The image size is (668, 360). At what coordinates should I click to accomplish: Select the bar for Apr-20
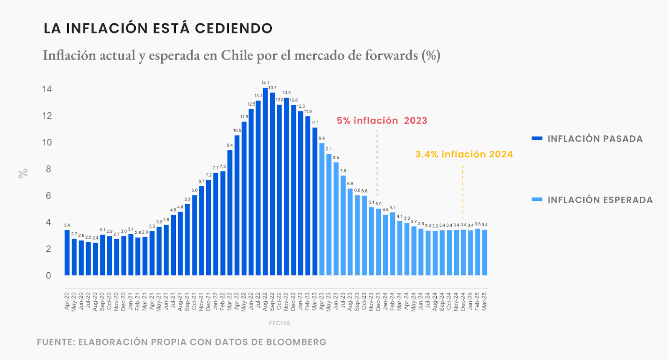click(67, 252)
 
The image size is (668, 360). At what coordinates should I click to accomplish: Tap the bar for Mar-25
click(485, 252)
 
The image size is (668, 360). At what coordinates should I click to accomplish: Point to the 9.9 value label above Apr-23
click(322, 138)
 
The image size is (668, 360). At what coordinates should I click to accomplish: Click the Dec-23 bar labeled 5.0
click(378, 242)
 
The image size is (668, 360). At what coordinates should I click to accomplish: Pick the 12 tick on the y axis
click(47, 116)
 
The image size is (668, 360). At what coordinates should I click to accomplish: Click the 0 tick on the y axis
click(48, 276)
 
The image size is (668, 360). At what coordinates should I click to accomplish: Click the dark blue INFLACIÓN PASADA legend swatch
click(537, 138)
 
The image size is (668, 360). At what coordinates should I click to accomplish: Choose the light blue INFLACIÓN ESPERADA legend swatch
click(537, 200)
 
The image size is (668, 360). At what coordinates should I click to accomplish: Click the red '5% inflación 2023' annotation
click(382, 121)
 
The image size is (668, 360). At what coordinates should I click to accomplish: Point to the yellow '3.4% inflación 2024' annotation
click(464, 155)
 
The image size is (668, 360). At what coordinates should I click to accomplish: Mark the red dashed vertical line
click(377, 163)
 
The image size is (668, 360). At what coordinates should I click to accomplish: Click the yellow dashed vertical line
click(463, 192)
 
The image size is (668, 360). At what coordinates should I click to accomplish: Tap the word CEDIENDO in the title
click(233, 28)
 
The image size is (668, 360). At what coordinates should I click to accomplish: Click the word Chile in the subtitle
click(237, 55)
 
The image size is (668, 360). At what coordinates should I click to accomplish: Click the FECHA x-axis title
click(279, 323)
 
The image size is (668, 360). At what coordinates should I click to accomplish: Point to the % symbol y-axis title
click(23, 173)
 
